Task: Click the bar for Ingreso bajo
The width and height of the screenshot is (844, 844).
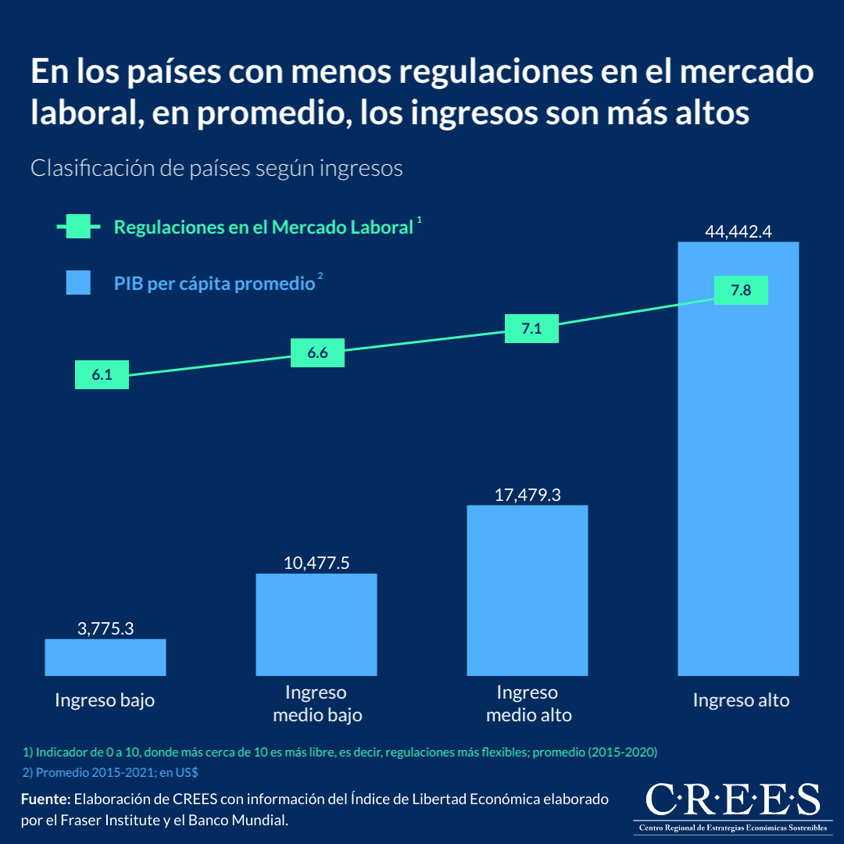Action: coord(105,657)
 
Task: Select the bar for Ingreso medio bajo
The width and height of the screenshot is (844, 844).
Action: coord(316,624)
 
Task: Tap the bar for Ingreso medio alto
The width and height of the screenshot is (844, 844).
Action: coord(527,590)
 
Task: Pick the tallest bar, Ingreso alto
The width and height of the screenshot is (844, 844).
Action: coord(738,485)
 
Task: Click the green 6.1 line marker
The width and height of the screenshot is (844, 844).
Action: coord(102,374)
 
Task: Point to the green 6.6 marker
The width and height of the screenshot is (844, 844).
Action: coord(317,353)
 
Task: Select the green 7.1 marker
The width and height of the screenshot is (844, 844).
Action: coord(531,328)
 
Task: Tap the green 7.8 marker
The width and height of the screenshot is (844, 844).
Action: coord(741,291)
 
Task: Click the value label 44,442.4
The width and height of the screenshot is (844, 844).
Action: coord(738,231)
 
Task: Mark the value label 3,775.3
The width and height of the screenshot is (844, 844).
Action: coord(105,628)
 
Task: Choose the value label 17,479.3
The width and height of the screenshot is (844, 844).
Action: coord(527,495)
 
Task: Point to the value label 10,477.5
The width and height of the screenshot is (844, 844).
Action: coord(316,563)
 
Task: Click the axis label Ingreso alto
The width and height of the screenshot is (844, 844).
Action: coord(741,700)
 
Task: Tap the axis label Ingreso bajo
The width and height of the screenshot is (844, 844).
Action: coord(105,700)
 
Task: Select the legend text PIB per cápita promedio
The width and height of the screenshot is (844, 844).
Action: coord(214,284)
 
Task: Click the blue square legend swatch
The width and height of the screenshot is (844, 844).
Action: coord(78,283)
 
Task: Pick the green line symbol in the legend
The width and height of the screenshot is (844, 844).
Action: coord(78,227)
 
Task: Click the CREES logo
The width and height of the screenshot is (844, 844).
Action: coord(733,806)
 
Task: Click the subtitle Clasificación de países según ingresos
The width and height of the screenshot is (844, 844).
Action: coord(216,168)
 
